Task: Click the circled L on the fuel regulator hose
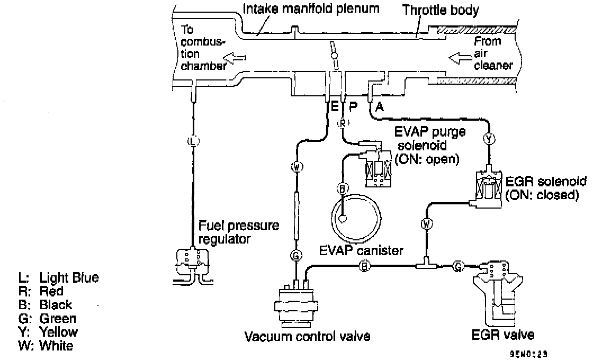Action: tap(193, 141)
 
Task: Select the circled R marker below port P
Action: tap(343, 123)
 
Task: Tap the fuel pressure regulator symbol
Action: tap(192, 262)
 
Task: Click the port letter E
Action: tap(334, 106)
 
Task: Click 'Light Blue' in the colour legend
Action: tap(69, 278)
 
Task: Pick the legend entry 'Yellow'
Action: tap(59, 332)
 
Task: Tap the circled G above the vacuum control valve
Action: tap(295, 256)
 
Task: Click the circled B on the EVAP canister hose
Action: tap(343, 188)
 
